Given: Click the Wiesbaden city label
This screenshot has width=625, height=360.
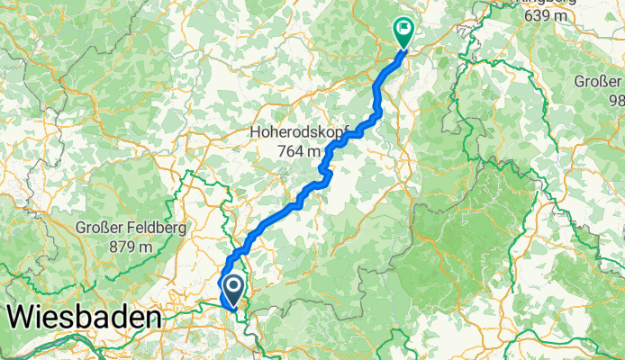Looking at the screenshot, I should coord(86,318).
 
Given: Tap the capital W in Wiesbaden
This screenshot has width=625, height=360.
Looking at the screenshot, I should coord(23,318).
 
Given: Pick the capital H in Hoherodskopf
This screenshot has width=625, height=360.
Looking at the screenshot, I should coord(256,132).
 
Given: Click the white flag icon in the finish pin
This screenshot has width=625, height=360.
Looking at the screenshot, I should coord(403,28).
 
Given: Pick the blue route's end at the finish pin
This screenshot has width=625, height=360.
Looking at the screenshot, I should coord(402,49).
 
